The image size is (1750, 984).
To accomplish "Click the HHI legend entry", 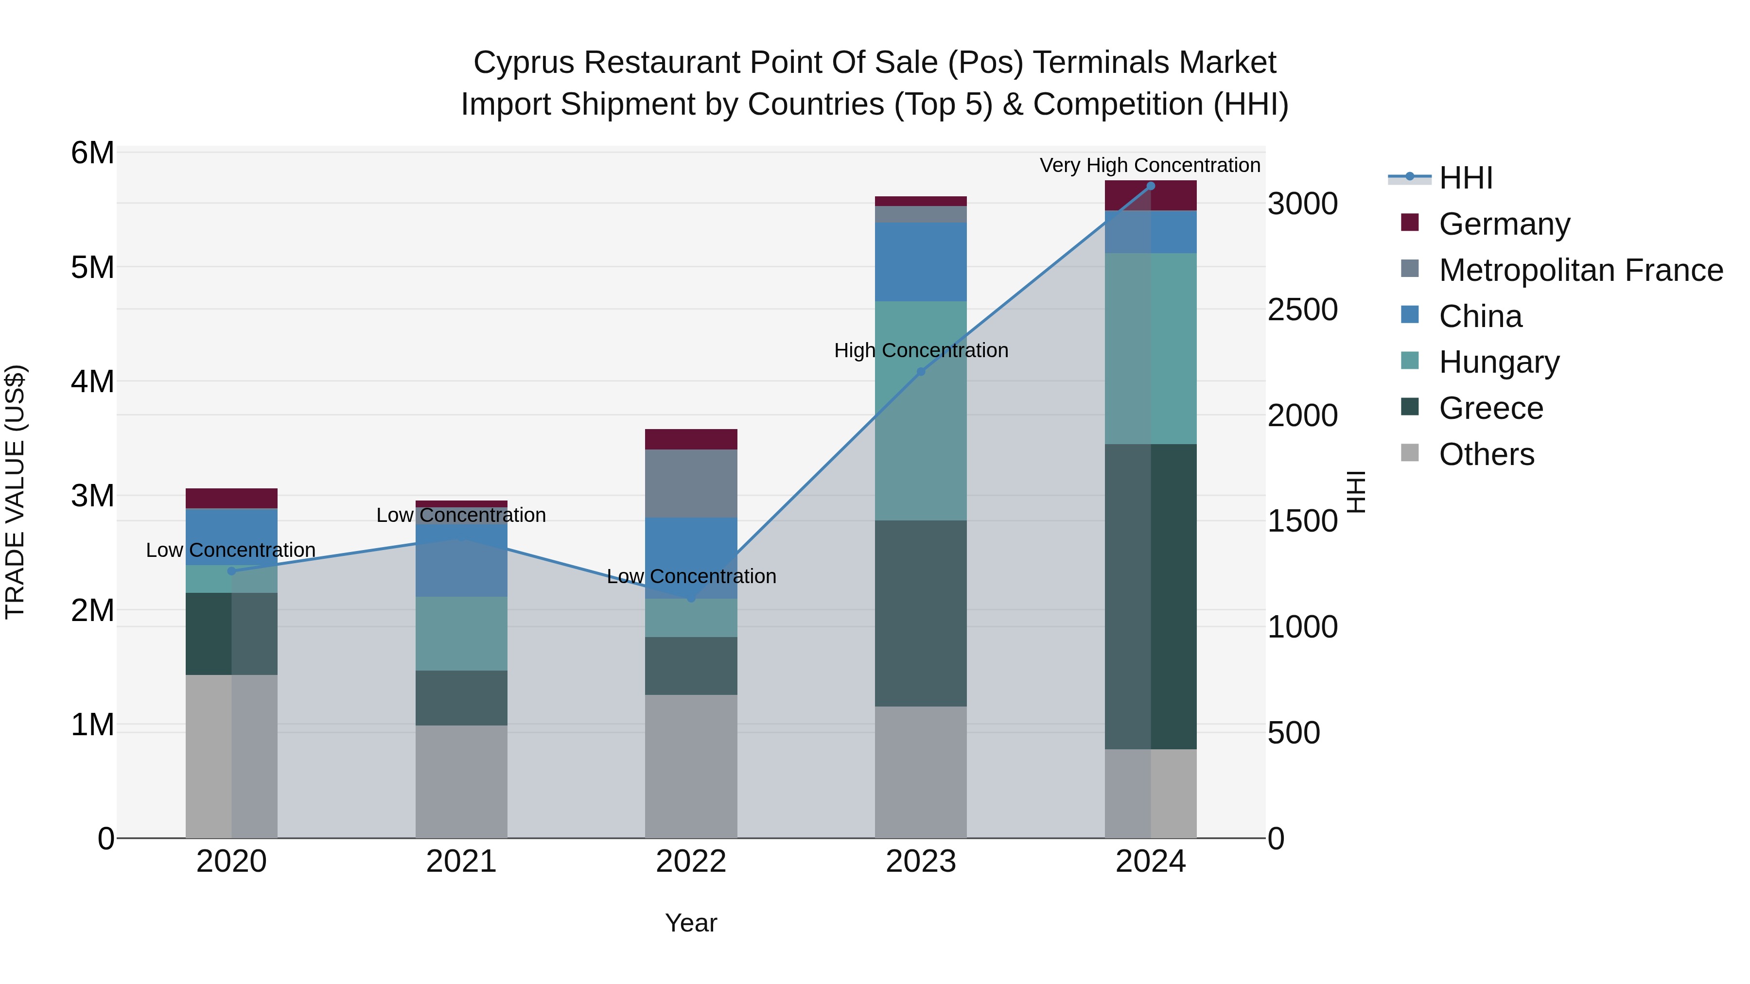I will (x=1465, y=178).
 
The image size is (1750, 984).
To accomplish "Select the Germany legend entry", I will (x=1504, y=224).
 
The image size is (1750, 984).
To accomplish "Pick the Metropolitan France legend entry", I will (x=1580, y=270).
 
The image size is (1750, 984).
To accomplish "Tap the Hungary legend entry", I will (x=1499, y=362).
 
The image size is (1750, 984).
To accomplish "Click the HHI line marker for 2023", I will (x=921, y=371).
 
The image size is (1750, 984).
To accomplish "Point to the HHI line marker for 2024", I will (x=1150, y=186).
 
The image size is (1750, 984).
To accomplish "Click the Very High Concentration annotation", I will (x=1150, y=165).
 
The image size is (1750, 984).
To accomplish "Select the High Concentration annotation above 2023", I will (x=921, y=350).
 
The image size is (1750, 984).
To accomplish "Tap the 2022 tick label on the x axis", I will (x=691, y=862).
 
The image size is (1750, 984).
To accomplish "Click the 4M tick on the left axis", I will (x=92, y=381).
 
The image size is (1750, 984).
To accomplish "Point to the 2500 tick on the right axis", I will (x=1302, y=310).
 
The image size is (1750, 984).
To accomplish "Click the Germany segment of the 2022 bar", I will (x=691, y=439).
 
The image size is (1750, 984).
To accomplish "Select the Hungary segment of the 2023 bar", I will (x=921, y=411).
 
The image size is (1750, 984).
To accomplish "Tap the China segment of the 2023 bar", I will (x=921, y=261).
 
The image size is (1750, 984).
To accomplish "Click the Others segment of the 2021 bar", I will (x=461, y=781).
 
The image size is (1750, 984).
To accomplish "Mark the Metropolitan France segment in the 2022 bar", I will (x=691, y=483).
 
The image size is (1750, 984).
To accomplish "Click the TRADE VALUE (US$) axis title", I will (x=15, y=492).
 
